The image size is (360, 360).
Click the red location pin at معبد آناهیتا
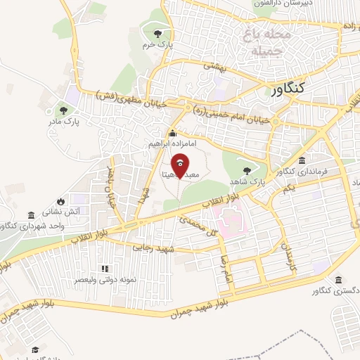pyautogui.click(x=181, y=166)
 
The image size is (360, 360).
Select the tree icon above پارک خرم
pyautogui.click(x=158, y=33)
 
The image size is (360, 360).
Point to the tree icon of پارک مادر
pyautogui.click(x=64, y=110)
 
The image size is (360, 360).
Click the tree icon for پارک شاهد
pyautogui.click(x=246, y=170)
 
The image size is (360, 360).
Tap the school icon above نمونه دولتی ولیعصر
pyautogui.click(x=105, y=268)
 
